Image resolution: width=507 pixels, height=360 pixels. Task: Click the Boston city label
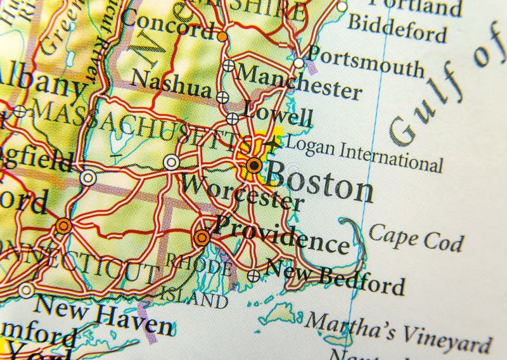click(x=318, y=182)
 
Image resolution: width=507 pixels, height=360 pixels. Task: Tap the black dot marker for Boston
click(x=254, y=165)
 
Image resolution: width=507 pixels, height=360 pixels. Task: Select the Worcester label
click(x=241, y=193)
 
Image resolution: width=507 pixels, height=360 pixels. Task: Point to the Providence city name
click(x=283, y=235)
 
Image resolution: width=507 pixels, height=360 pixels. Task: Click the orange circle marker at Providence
click(x=202, y=238)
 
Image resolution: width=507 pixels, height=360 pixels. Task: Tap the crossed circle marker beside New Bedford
click(x=253, y=276)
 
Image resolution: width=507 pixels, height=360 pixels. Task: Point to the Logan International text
click(x=364, y=154)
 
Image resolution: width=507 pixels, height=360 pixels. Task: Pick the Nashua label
click(x=171, y=84)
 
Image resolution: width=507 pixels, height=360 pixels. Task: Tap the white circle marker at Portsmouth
click(x=298, y=63)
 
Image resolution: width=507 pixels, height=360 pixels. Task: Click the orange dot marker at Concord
click(x=222, y=37)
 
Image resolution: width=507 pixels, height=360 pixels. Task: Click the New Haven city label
click(x=103, y=314)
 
